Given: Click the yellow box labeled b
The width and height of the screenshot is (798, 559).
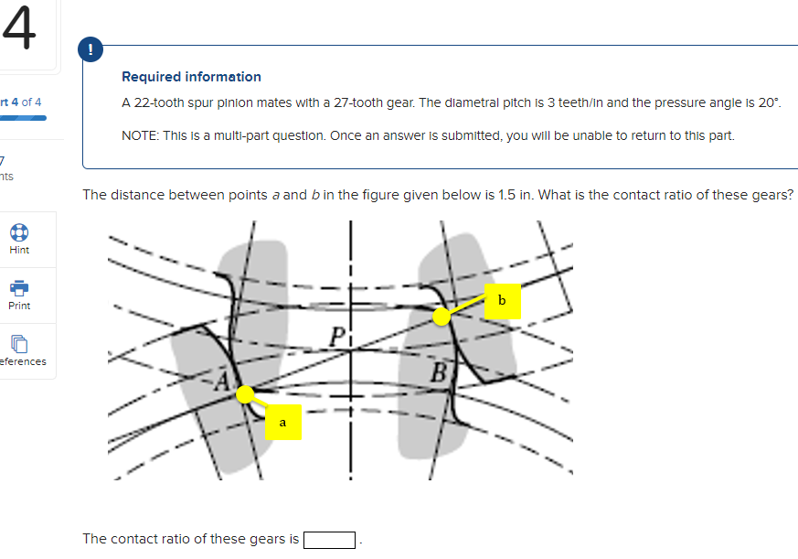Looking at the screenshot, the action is tap(502, 300).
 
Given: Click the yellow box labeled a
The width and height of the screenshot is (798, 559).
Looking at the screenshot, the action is tap(282, 423).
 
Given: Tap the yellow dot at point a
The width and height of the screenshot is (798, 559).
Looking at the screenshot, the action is tap(245, 394).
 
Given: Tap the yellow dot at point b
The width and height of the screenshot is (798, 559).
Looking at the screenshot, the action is tap(442, 317).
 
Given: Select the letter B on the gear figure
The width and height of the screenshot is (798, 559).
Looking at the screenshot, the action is tap(439, 373).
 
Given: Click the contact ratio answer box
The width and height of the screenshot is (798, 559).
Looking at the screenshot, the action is tap(329, 539).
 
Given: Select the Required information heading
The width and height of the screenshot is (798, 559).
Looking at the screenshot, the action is tap(191, 77).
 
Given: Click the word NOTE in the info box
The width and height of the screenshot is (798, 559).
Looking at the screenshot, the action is tap(139, 135).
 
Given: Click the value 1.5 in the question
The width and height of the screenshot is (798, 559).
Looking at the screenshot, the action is tap(507, 195).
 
